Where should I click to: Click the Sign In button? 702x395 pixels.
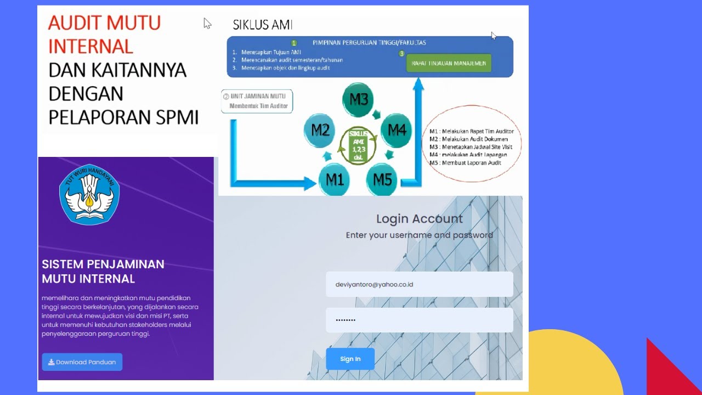click(x=350, y=359)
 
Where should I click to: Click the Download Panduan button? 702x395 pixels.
click(x=82, y=362)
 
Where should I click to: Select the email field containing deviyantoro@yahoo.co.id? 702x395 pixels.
click(x=419, y=285)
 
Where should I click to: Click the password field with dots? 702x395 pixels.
click(x=419, y=320)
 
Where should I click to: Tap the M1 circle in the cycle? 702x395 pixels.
click(x=335, y=179)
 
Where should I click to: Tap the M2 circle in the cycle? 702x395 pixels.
click(x=320, y=131)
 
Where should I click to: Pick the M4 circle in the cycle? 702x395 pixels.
click(x=397, y=131)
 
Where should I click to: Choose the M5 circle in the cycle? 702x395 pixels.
click(x=382, y=179)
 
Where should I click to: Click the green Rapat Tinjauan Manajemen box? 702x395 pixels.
click(x=449, y=63)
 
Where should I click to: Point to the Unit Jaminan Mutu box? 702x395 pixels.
click(x=257, y=101)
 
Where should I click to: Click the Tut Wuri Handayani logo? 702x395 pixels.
click(x=89, y=194)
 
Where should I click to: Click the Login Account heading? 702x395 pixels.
click(x=419, y=219)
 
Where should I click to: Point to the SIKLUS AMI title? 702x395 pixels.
click(x=262, y=25)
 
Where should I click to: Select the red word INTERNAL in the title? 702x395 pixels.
click(x=90, y=47)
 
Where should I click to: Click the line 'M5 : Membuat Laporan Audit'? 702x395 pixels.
click(x=465, y=163)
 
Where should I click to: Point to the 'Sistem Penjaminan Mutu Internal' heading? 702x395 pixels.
click(x=103, y=271)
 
